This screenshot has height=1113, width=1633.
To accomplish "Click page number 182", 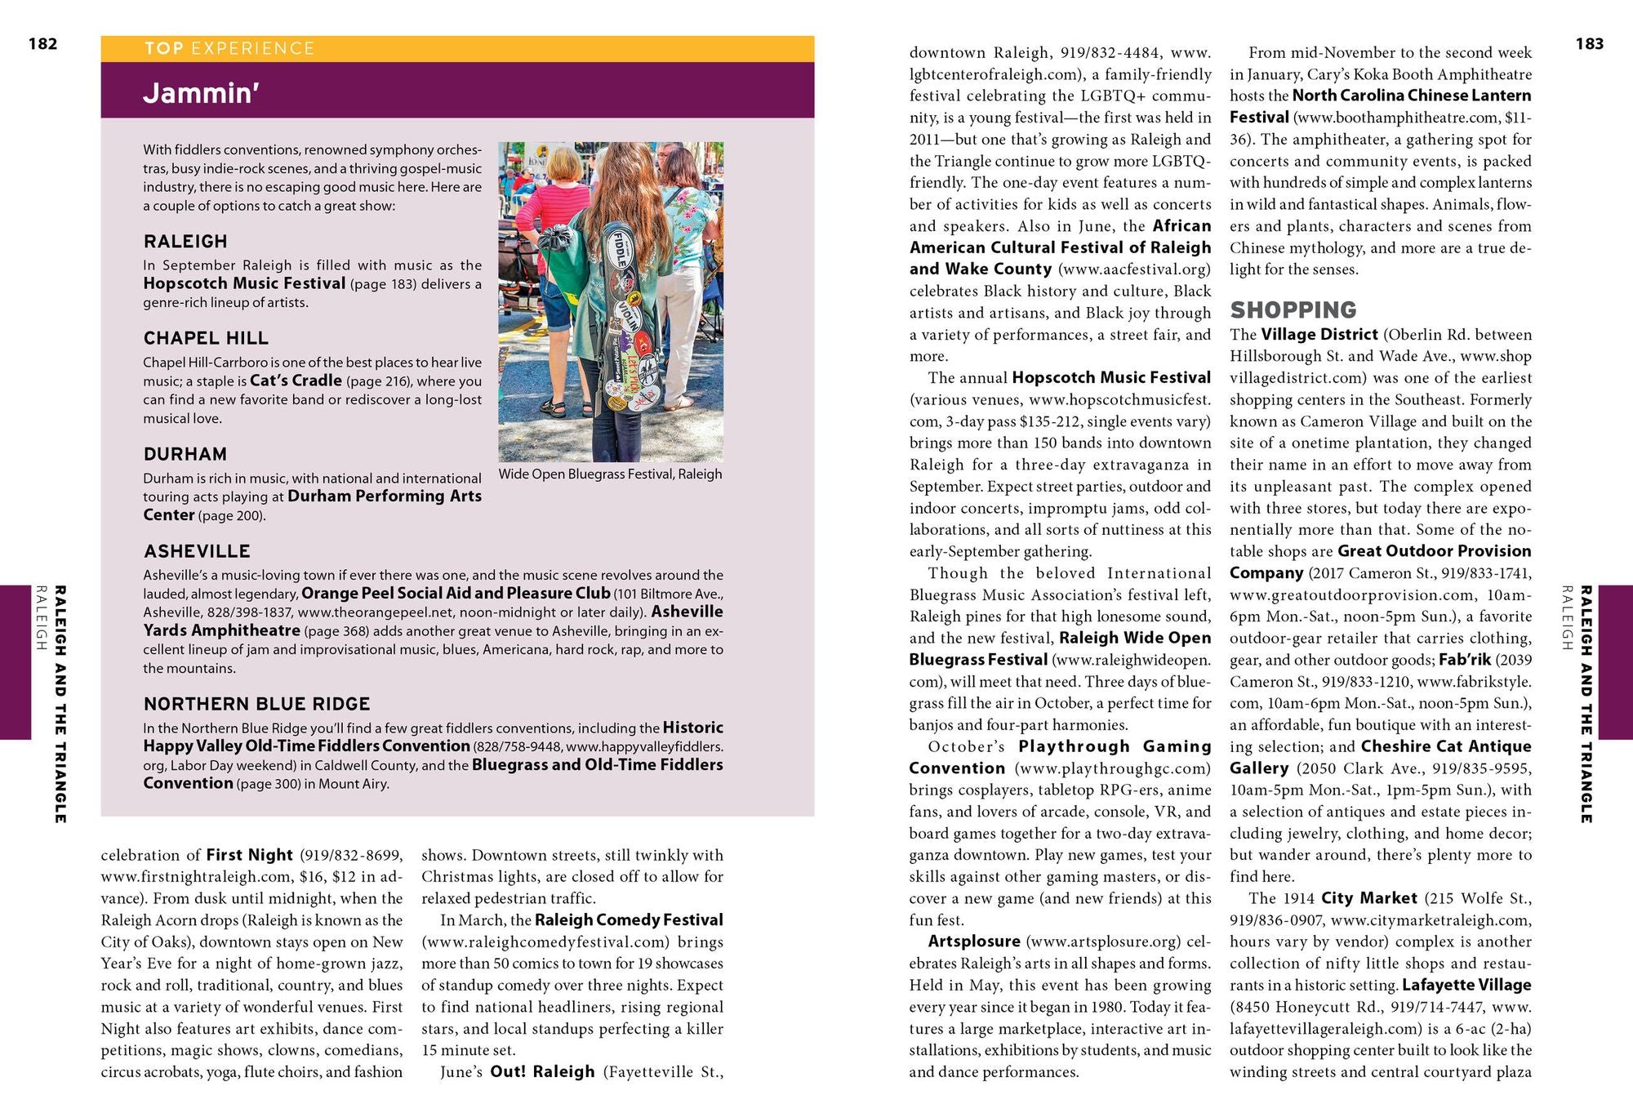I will (42, 44).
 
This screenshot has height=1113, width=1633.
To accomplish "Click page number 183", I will (1589, 44).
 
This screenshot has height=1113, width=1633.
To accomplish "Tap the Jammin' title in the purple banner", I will (201, 93).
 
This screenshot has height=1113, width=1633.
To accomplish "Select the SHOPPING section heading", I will (1293, 310).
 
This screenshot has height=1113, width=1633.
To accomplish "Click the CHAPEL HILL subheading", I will (206, 338).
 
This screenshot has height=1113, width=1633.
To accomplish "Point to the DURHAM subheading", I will (185, 454).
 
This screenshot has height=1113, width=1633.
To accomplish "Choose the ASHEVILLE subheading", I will (197, 551).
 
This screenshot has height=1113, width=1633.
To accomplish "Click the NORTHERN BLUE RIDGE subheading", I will (256, 704).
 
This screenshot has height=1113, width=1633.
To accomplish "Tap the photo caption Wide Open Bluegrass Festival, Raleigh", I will (610, 474).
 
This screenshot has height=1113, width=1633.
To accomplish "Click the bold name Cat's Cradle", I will (296, 381).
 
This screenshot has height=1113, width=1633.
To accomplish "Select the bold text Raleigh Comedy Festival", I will (629, 920).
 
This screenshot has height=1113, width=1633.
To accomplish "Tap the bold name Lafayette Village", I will (1466, 986).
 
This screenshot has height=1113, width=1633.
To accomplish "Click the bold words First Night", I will (249, 855).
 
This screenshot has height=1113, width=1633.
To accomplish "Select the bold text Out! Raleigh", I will (542, 1071).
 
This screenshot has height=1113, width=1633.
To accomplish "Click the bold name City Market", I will (1368, 898).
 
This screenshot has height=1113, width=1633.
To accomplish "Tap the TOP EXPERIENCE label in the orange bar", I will (229, 48).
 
